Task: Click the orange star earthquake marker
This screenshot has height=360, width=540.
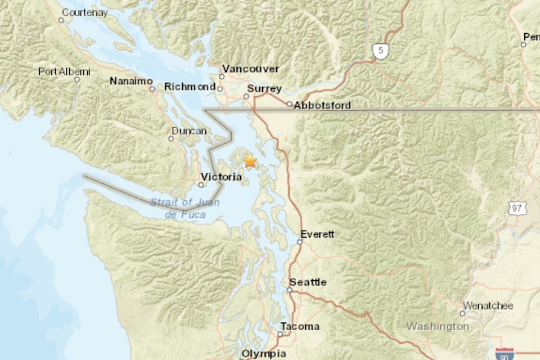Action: (250, 162)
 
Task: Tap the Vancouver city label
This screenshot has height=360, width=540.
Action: (250, 69)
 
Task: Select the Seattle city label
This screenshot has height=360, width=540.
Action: (308, 282)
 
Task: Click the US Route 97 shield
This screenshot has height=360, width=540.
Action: (516, 208)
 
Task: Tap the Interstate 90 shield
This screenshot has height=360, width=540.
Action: (503, 354)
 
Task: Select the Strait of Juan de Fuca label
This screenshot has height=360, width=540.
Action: (185, 209)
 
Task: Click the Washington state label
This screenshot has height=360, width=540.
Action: (438, 326)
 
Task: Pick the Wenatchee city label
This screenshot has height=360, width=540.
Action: (488, 306)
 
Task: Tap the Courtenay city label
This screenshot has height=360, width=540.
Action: (84, 12)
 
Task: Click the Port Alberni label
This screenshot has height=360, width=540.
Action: (64, 71)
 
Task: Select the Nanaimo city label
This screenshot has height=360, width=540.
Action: (131, 81)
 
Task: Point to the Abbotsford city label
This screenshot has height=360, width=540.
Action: (322, 105)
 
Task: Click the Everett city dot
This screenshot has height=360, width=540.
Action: (300, 242)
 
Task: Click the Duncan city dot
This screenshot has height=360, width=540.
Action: (172, 138)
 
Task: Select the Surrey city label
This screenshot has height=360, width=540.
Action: (264, 89)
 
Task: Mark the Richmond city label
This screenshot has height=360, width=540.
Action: (190, 87)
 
